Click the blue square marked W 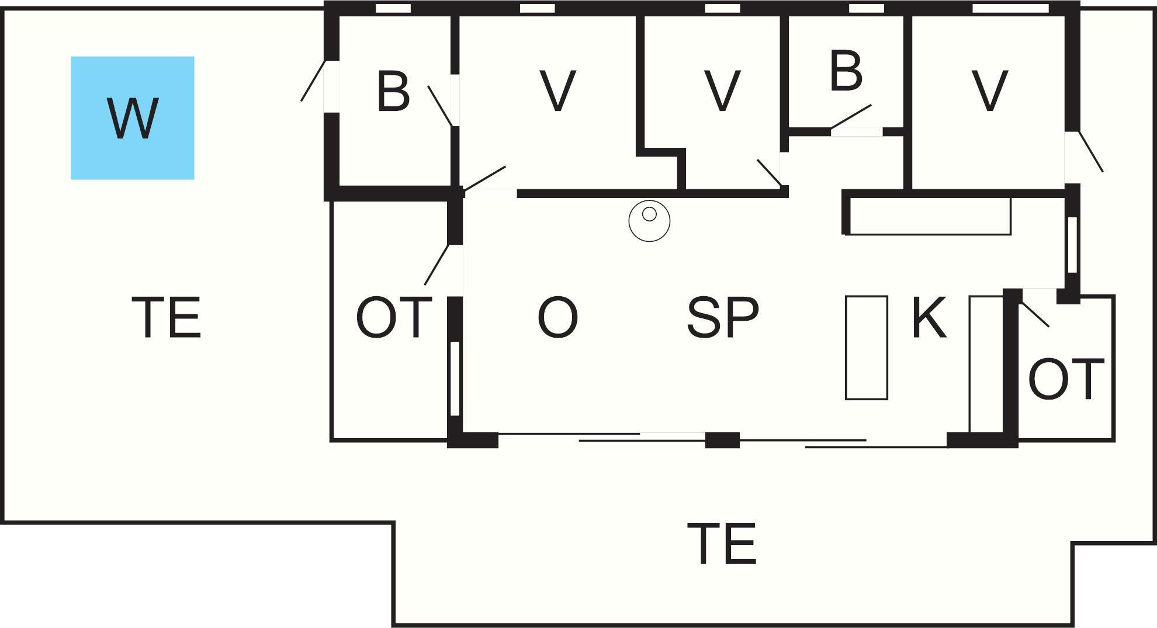(x=133, y=118)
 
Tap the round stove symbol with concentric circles (x=649, y=220)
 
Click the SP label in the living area (x=723, y=317)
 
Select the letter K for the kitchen (x=929, y=317)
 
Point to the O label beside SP (x=557, y=317)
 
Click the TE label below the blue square (x=167, y=317)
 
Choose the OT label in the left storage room (x=394, y=317)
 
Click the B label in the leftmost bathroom (x=393, y=91)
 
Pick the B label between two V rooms (x=846, y=71)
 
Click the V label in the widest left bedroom (x=557, y=91)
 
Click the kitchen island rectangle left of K (x=867, y=348)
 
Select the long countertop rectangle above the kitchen (x=929, y=216)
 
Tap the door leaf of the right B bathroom (x=851, y=117)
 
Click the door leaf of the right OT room (x=1035, y=314)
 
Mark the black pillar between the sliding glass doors (x=722, y=440)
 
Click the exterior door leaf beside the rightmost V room (x=1090, y=151)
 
